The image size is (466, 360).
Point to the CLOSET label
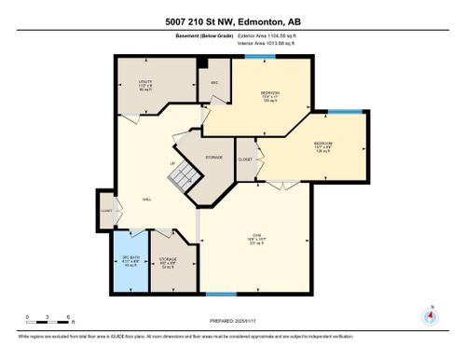coord(245,159)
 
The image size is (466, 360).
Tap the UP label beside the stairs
coord(171,165)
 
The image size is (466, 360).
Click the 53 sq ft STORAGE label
coord(168,262)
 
